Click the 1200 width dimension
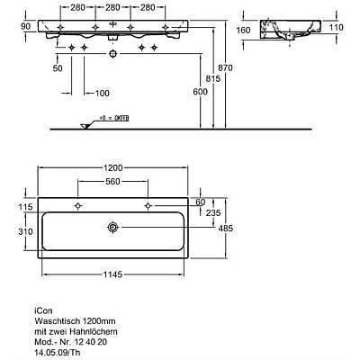click(x=112, y=167)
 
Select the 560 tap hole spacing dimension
click(x=112, y=182)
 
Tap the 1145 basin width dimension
click(x=112, y=274)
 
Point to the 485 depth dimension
click(x=226, y=229)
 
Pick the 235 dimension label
click(x=213, y=212)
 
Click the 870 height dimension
click(x=225, y=67)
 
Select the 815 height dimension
click(x=212, y=78)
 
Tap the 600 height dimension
click(x=200, y=92)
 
